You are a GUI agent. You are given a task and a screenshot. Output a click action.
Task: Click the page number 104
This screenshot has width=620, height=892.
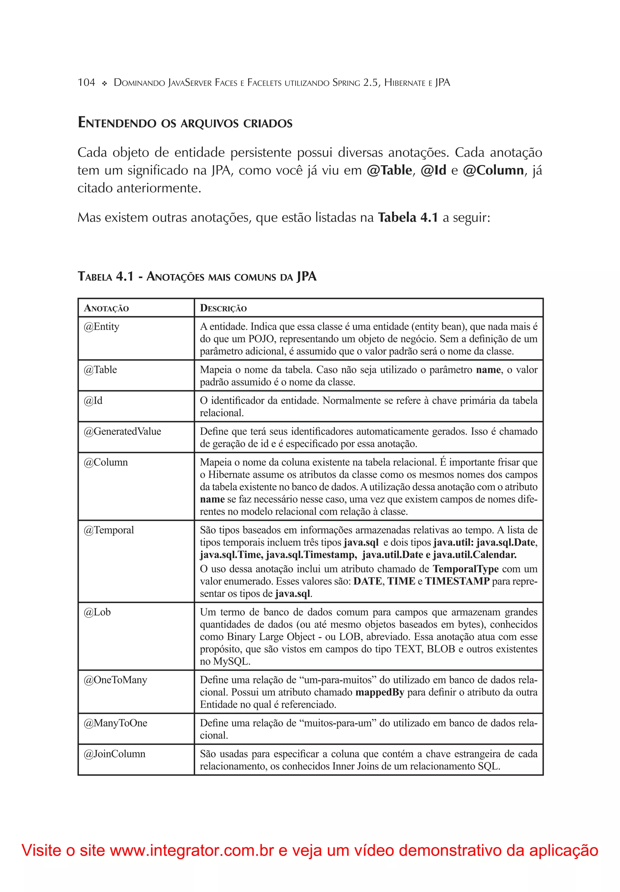(x=86, y=82)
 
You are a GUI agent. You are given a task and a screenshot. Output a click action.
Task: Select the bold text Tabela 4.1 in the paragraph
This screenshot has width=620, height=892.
(x=408, y=218)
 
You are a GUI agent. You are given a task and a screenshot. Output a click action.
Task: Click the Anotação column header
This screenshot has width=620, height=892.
(x=106, y=308)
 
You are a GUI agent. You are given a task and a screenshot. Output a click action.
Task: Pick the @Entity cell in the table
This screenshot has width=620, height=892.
(x=101, y=326)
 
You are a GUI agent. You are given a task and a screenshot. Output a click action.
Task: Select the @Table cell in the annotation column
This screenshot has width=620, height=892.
(x=100, y=369)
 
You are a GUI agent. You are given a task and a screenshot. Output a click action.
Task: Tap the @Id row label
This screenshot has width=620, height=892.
(x=93, y=401)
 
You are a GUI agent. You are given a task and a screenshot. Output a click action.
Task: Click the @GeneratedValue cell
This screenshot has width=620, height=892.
(x=122, y=431)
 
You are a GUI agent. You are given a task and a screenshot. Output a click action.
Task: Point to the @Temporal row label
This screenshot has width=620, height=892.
(x=109, y=530)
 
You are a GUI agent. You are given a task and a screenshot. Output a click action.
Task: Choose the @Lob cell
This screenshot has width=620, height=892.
(x=97, y=612)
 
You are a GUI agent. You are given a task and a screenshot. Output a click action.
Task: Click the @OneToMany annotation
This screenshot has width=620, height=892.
(x=115, y=680)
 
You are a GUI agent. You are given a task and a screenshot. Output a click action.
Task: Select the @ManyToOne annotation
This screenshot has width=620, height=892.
(x=115, y=723)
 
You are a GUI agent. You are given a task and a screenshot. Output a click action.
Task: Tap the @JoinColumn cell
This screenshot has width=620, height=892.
(x=114, y=754)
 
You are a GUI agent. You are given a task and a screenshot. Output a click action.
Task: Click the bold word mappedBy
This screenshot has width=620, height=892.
(x=380, y=692)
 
